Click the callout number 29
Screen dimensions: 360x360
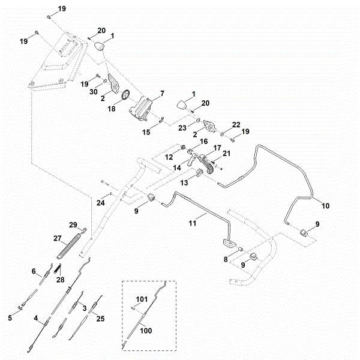73,224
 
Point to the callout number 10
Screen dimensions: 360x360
326,205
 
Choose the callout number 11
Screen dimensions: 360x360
193,222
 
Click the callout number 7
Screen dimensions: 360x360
161,95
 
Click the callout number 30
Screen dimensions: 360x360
94,91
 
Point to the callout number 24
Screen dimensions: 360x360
100,202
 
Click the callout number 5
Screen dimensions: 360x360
9,318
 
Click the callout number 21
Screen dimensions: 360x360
226,154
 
